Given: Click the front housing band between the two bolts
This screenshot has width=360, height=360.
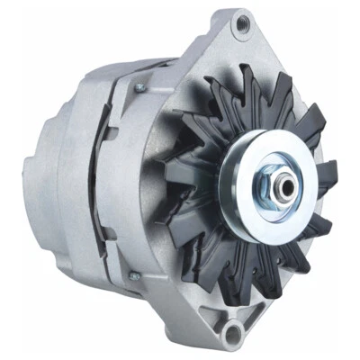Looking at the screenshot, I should pyautogui.click(x=126, y=180).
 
